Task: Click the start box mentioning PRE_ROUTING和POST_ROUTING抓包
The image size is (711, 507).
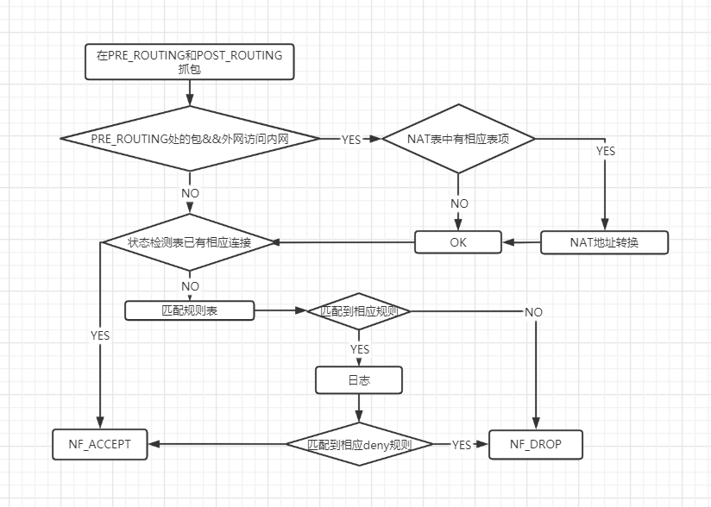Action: [189, 61]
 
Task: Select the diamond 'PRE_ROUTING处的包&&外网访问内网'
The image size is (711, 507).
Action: [189, 139]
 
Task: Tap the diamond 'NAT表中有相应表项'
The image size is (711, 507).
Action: [458, 139]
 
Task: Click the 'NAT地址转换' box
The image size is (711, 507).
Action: [604, 242]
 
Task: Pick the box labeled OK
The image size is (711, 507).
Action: [458, 242]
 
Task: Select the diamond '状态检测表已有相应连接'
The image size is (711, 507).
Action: [189, 242]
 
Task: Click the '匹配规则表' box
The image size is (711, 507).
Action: [189, 310]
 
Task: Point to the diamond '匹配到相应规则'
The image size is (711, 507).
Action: [359, 310]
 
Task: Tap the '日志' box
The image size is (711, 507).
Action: [359, 379]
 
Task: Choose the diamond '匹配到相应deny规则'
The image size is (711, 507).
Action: [359, 445]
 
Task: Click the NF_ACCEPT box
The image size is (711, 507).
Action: [100, 445]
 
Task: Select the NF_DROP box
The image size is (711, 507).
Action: [537, 445]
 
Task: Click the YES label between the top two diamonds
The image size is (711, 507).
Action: [351, 139]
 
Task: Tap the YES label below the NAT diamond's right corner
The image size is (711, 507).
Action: [606, 151]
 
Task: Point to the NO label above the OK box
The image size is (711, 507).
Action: [459, 203]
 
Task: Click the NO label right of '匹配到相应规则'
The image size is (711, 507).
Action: [534, 311]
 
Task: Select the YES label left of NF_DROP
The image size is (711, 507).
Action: [462, 445]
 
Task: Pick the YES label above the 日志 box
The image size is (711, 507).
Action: [360, 349]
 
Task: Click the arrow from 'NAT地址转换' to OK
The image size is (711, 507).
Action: [521, 242]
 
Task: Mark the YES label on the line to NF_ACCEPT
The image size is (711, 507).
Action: [100, 335]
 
